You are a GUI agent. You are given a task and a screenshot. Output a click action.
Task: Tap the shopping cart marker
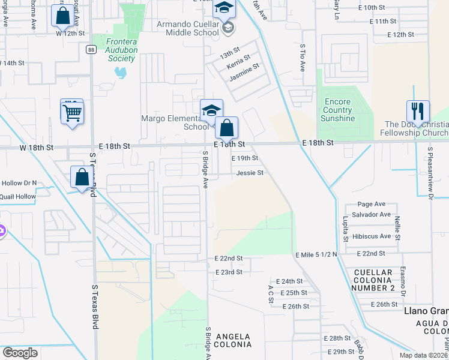click(71, 112)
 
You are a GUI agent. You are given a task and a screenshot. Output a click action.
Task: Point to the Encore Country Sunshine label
click(337, 110)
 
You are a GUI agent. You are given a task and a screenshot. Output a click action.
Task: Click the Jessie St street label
click(250, 173)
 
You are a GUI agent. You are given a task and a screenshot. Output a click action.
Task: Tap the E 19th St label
click(245, 158)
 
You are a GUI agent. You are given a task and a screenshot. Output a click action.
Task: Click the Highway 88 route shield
click(90, 49)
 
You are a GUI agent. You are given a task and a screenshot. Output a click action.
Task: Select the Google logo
click(20, 353)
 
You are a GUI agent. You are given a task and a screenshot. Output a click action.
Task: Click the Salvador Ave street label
click(372, 215)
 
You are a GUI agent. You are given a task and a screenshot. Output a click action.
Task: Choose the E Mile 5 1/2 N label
click(316, 254)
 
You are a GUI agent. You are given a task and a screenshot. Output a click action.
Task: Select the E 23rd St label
click(229, 272)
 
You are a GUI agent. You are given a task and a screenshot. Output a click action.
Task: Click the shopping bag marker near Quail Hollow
click(82, 178)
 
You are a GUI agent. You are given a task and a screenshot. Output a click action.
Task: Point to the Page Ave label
click(371, 204)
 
